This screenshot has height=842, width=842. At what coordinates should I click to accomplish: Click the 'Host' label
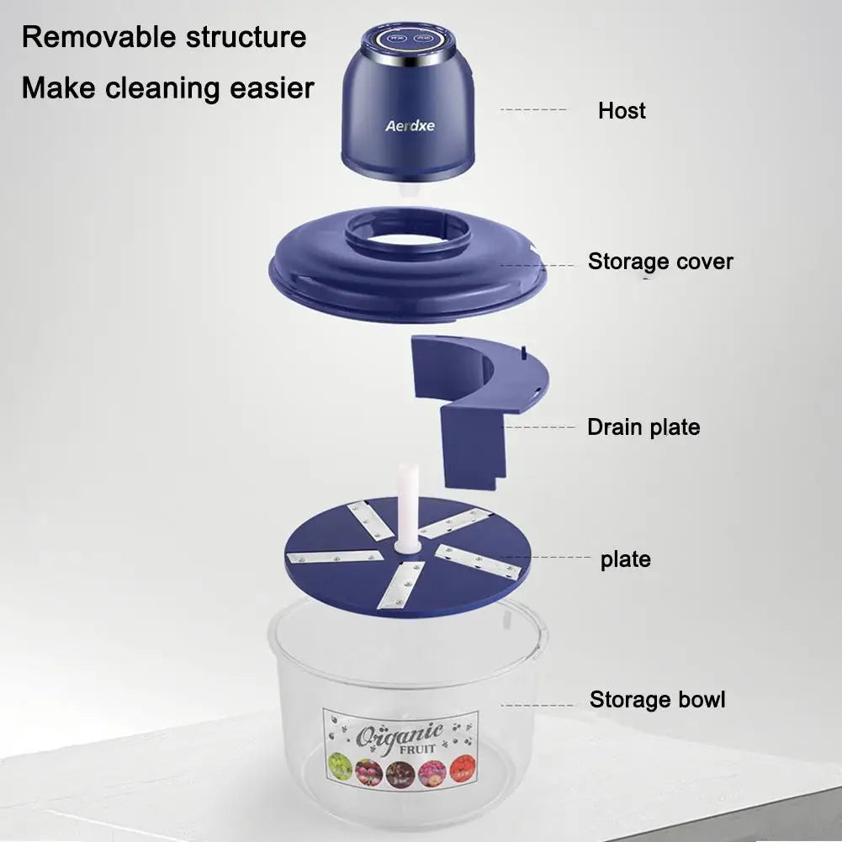pyautogui.click(x=622, y=110)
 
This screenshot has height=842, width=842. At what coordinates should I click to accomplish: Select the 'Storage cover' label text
pyautogui.click(x=660, y=262)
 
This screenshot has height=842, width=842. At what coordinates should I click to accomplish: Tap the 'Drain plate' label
pyautogui.click(x=643, y=427)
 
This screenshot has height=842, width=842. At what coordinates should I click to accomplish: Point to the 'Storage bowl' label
pyautogui.click(x=657, y=700)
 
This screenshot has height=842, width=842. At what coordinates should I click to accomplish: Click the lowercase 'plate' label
pyautogui.click(x=625, y=559)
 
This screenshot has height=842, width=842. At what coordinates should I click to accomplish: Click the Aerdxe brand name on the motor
pyautogui.click(x=410, y=126)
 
